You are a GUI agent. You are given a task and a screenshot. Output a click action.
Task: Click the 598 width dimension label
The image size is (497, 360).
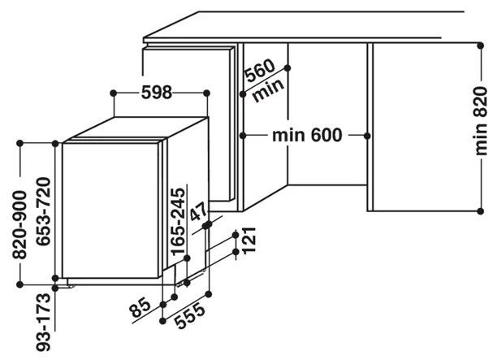[x=156, y=93]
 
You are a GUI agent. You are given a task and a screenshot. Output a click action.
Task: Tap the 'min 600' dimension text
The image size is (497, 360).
[x=306, y=134]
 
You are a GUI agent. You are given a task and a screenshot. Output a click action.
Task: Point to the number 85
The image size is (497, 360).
[x=142, y=309]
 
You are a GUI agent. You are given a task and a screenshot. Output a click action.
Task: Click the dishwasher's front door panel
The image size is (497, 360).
[x=110, y=211]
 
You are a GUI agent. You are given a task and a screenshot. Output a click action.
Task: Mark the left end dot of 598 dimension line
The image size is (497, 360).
[x=115, y=93]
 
